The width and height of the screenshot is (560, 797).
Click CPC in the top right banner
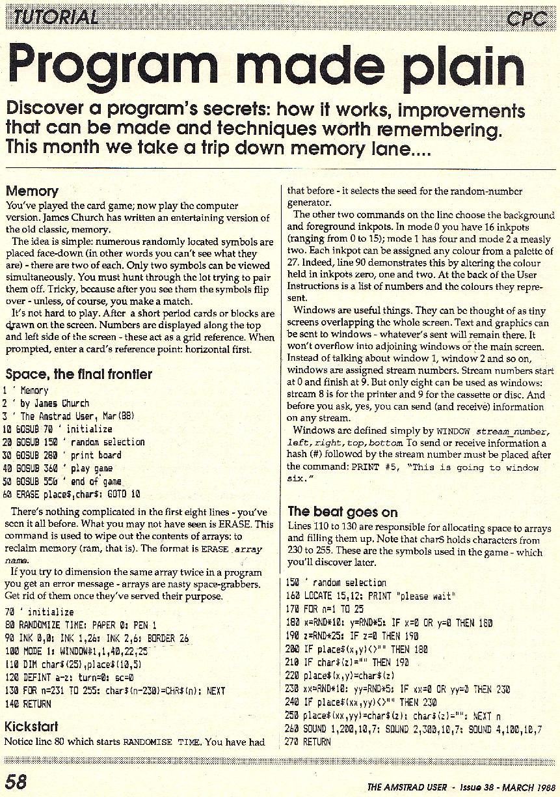click(x=527, y=18)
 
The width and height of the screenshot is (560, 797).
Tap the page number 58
click(x=18, y=780)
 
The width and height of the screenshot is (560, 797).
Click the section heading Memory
click(x=32, y=191)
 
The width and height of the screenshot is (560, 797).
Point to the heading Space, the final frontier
click(x=79, y=374)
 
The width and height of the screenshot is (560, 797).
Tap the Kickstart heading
click(x=31, y=726)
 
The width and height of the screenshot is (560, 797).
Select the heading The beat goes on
click(x=343, y=511)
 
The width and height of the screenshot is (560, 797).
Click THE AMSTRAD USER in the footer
click(x=407, y=787)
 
